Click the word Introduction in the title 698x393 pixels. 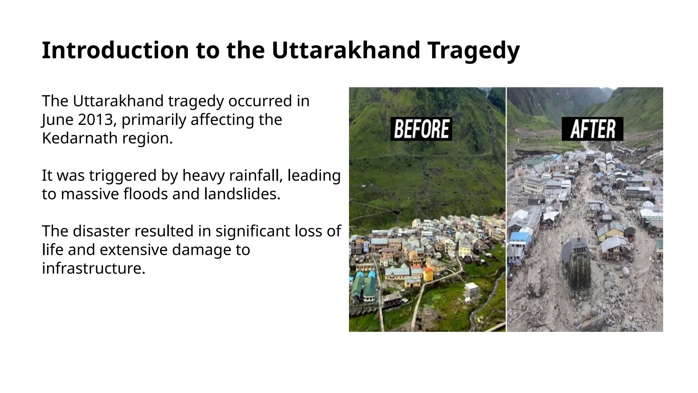click(x=115, y=50)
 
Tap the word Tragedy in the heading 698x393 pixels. click(x=473, y=50)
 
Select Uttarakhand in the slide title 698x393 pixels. click(x=346, y=50)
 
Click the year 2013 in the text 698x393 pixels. click(x=98, y=120)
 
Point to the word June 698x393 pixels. click(x=54, y=120)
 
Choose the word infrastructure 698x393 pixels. click(x=94, y=268)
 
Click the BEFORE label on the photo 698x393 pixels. click(x=421, y=129)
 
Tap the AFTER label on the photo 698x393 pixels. click(x=592, y=129)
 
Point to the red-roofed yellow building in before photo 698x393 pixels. click(x=428, y=273)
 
